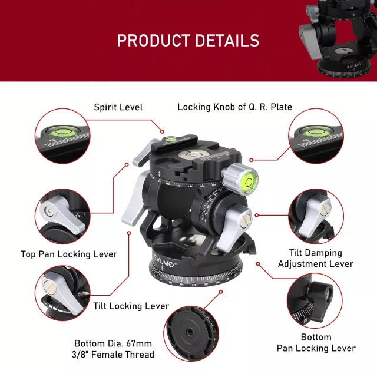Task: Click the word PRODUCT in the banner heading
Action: point(153,41)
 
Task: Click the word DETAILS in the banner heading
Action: point(227,41)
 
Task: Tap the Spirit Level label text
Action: point(118,107)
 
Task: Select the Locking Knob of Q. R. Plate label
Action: point(234,107)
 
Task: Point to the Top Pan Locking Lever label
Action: point(69,254)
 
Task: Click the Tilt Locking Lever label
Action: point(131,306)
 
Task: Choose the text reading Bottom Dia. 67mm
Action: point(113,343)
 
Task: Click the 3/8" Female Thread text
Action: point(113,355)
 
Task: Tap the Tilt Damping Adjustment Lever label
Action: point(316,259)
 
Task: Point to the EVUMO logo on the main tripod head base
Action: point(164,262)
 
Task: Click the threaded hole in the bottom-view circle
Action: point(188,333)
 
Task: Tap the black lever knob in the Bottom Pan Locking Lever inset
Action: point(320,295)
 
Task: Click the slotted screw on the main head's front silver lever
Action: point(245,220)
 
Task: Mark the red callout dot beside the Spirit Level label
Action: point(163,131)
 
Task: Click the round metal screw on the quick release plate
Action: point(190,154)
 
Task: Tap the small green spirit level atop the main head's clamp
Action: point(170,139)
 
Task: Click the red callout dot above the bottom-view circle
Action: point(221,292)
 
